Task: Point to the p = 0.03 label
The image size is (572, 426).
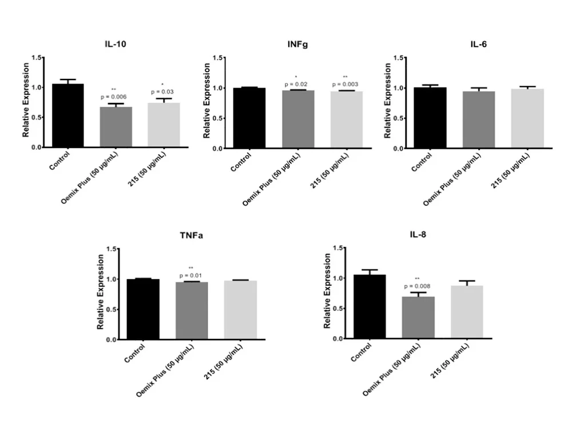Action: (x=162, y=91)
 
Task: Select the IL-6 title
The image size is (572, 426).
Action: (x=479, y=45)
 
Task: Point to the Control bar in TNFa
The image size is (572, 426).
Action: (x=143, y=309)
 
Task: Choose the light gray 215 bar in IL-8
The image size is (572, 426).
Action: (x=466, y=312)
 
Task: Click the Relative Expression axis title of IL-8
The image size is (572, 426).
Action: (x=328, y=292)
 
